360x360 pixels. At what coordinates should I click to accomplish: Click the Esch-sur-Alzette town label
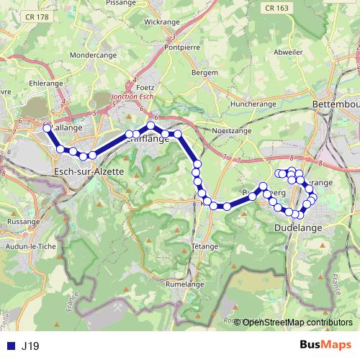[89, 171]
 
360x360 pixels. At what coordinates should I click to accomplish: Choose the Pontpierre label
[182, 48]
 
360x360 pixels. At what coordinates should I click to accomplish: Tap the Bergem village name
[205, 73]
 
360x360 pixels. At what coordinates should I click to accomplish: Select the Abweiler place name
[288, 53]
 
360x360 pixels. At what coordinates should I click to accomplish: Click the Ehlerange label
[46, 83]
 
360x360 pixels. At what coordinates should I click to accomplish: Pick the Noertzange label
[230, 130]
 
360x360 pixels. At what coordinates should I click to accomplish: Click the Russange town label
[24, 222]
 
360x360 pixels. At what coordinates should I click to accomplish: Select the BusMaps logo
[325, 346]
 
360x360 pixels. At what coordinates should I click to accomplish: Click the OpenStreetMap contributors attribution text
[297, 322]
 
